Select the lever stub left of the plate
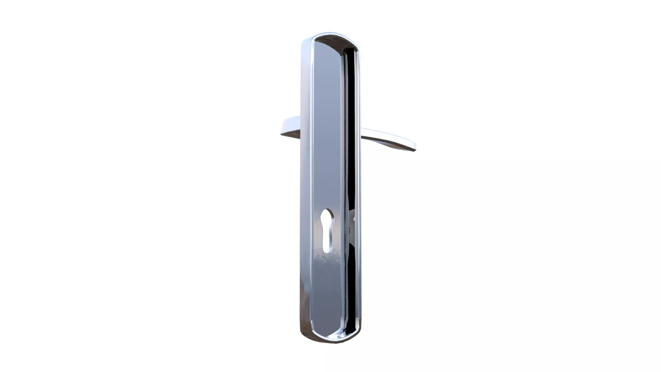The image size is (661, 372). [x=291, y=127]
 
